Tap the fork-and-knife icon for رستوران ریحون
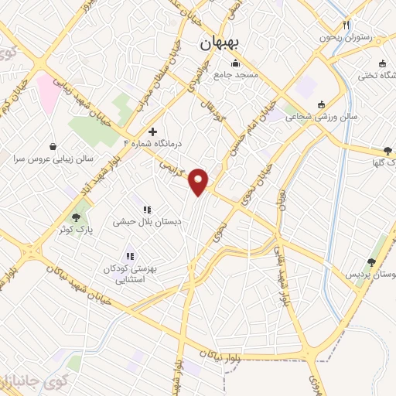[347, 25]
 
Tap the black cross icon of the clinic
[152, 131]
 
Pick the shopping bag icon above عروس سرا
[53, 146]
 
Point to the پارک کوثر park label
[76, 230]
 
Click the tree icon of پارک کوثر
[76, 217]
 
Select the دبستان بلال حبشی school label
[147, 221]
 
